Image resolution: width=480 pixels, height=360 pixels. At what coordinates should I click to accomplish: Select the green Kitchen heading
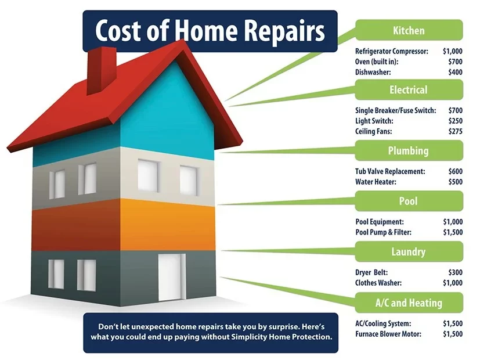coord(409,30)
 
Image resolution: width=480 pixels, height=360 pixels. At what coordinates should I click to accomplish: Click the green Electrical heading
coord(409,89)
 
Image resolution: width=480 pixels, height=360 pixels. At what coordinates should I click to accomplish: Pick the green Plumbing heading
coord(409,150)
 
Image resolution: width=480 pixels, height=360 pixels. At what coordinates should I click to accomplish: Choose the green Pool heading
coord(409,201)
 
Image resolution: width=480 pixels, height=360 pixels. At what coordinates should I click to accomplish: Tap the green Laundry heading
coord(409,251)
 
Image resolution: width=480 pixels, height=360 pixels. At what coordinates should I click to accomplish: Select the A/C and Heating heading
coord(409,303)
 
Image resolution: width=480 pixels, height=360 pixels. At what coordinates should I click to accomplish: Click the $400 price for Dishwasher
coord(455,72)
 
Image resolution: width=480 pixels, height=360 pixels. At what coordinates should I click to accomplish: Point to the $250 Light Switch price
coord(455,121)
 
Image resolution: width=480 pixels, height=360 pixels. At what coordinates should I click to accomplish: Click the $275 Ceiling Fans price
coord(455,131)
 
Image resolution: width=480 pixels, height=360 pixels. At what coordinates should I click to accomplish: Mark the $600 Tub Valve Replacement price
coord(455,171)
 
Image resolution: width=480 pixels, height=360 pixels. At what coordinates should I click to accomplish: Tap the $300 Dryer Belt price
coord(455,272)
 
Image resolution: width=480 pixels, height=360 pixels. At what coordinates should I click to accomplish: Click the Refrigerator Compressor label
coord(392,52)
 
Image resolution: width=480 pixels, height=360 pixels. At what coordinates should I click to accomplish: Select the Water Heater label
coord(376,182)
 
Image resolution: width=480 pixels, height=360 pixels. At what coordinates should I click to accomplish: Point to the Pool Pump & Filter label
coord(383,232)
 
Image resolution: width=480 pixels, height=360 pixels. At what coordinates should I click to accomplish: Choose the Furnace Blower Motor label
coord(388,334)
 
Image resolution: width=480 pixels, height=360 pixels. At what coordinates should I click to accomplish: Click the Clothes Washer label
coord(378,283)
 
